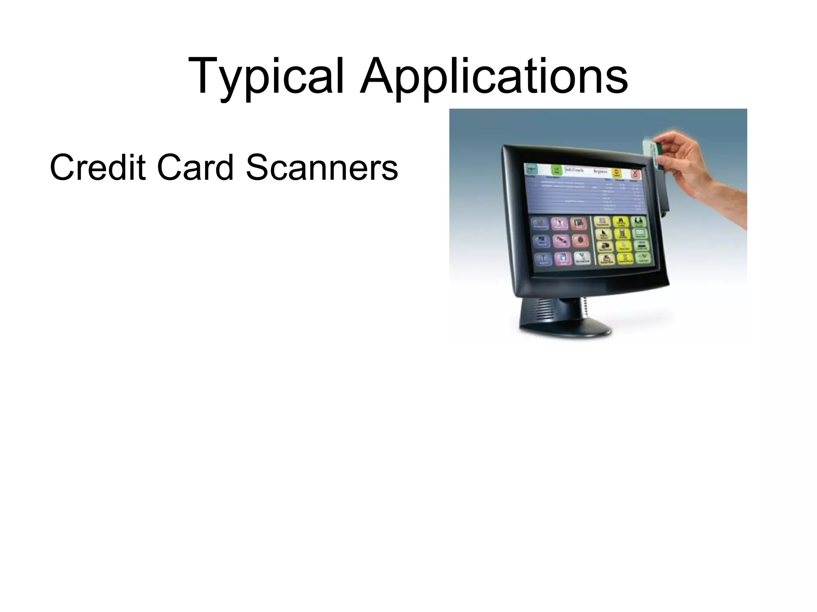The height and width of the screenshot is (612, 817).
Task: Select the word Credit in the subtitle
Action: pyautogui.click(x=97, y=167)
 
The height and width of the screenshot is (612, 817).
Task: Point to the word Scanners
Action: pyautogui.click(x=322, y=167)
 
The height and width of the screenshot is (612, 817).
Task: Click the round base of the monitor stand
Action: pyautogui.click(x=564, y=329)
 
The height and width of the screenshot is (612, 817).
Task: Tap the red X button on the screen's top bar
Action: pyautogui.click(x=635, y=174)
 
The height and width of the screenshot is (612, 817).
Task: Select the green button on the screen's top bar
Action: pyautogui.click(x=557, y=170)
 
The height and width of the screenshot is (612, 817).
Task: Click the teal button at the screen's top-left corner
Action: pyautogui.click(x=531, y=168)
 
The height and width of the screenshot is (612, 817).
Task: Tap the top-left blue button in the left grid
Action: pyautogui.click(x=540, y=224)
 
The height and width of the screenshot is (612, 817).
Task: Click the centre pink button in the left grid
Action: pyautogui.click(x=561, y=241)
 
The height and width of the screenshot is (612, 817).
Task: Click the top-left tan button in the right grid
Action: pyautogui.click(x=602, y=222)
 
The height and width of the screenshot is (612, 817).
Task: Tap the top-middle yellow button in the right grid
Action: pyautogui.click(x=621, y=222)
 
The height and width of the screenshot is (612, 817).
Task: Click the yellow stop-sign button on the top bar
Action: pyautogui.click(x=617, y=173)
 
